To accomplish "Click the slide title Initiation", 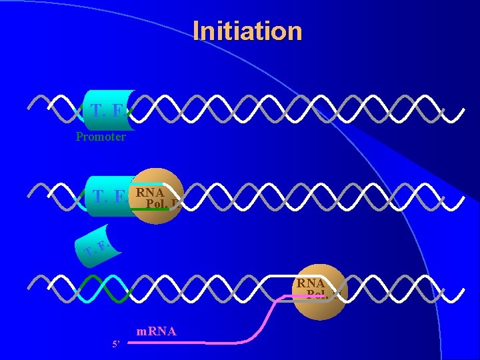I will (247, 31).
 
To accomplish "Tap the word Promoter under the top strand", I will (101, 137).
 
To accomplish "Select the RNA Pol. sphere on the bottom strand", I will (321, 292).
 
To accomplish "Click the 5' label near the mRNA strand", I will (117, 345).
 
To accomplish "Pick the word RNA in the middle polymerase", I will (150, 193).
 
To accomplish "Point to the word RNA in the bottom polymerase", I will (311, 284).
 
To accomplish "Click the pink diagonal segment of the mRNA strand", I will (267, 319).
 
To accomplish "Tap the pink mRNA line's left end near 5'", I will (131, 343).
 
